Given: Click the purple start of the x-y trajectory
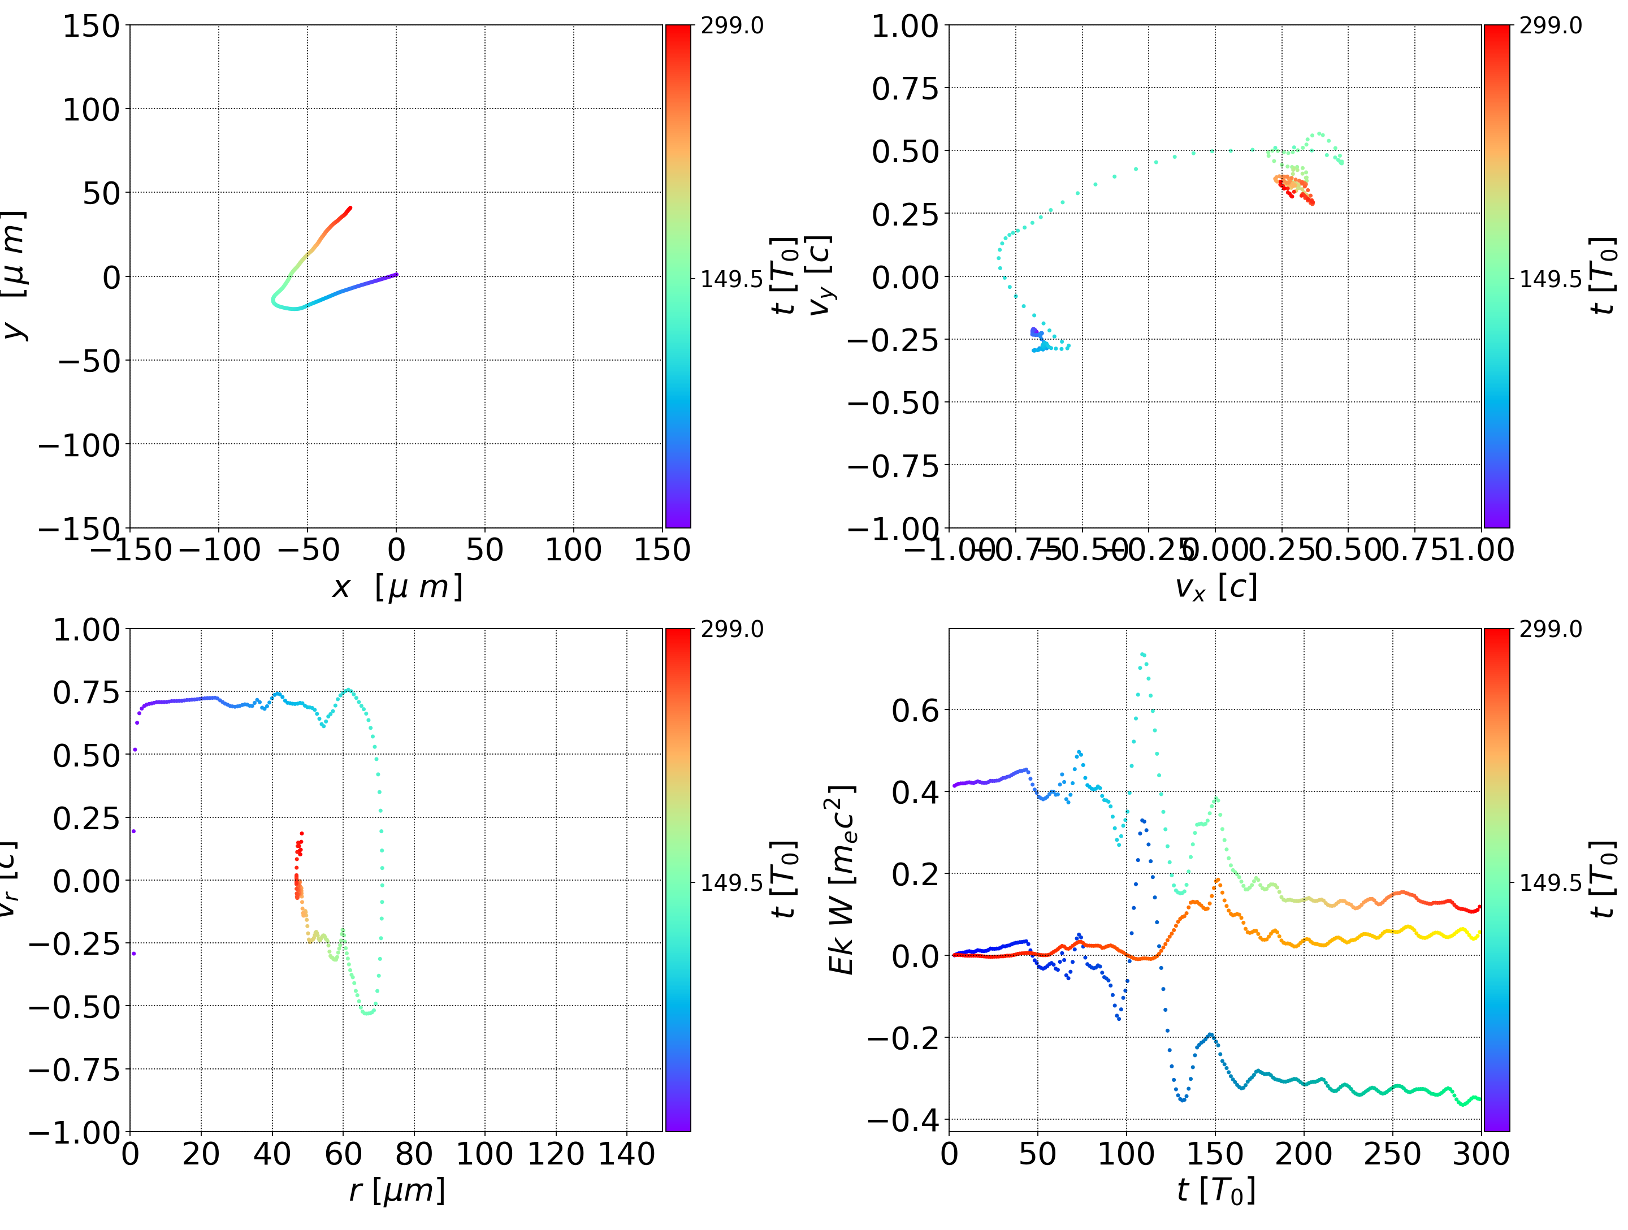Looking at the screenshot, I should pyautogui.click(x=396, y=275).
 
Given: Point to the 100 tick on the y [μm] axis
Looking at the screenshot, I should pyautogui.click(x=90, y=110).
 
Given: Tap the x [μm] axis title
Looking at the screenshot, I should pyautogui.click(x=397, y=587).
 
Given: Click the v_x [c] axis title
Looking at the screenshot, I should pyautogui.click(x=1215, y=587).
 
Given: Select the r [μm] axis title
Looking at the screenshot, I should pyautogui.click(x=397, y=1190).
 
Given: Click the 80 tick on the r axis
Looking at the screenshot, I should pyautogui.click(x=414, y=1154).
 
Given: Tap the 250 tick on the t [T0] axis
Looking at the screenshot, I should pyautogui.click(x=1392, y=1154).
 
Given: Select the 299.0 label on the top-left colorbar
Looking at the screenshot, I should pyautogui.click(x=731, y=26).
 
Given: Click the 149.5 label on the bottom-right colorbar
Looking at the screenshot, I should pyautogui.click(x=1550, y=882).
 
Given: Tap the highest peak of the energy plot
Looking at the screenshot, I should pyautogui.click(x=1143, y=653).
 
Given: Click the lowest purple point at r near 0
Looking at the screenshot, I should pyautogui.click(x=134, y=953).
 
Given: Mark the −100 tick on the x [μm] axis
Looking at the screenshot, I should pyautogui.click(x=219, y=550).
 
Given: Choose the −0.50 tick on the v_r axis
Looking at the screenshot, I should pyautogui.click(x=73, y=1006).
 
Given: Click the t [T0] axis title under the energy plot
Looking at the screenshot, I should pyautogui.click(x=1215, y=1190).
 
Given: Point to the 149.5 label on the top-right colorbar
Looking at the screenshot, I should pyautogui.click(x=1550, y=279).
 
